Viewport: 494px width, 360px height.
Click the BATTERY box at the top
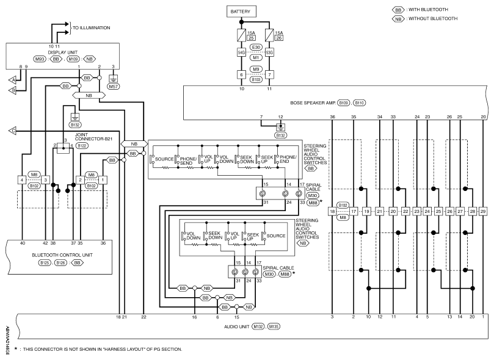(241, 12)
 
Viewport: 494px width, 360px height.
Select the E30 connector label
(256, 47)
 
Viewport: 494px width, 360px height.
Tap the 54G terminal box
(241, 52)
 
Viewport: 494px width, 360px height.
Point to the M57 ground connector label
(114, 86)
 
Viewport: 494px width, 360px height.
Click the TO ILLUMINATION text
(92, 27)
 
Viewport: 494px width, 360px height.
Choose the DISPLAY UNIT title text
(63, 52)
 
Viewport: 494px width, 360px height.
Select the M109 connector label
(73, 59)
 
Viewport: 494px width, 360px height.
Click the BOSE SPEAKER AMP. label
(313, 103)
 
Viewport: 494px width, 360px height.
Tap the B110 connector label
(360, 103)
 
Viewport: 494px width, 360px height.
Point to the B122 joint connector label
(82, 146)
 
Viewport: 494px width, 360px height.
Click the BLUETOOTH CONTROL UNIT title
(62, 255)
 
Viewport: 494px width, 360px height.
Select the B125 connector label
(45, 263)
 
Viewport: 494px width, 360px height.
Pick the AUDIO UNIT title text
(236, 326)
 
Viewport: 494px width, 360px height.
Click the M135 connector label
(273, 326)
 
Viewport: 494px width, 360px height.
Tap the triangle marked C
(12, 131)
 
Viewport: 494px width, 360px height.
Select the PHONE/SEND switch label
(186, 161)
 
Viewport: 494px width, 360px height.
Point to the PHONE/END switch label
(288, 159)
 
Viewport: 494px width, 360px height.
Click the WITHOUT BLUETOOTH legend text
(433, 18)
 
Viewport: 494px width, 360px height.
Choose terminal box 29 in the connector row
(483, 212)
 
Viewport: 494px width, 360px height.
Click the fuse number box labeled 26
(279, 38)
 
